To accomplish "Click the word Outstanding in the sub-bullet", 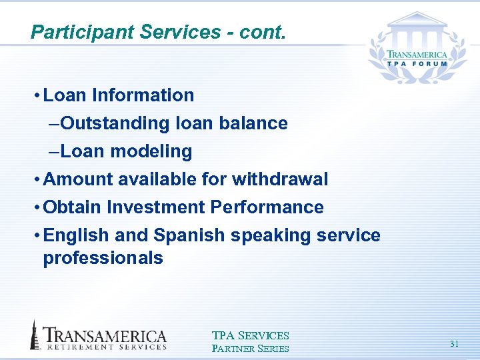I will click(x=115, y=123).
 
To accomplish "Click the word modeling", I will click(x=151, y=151).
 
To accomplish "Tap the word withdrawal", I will click(x=280, y=179).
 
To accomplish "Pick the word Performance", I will click(x=267, y=207).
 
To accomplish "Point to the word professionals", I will click(x=103, y=258).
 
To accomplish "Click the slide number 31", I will click(x=454, y=343).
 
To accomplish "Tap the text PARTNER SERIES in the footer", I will click(x=250, y=349).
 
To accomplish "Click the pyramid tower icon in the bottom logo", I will click(x=34, y=335).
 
